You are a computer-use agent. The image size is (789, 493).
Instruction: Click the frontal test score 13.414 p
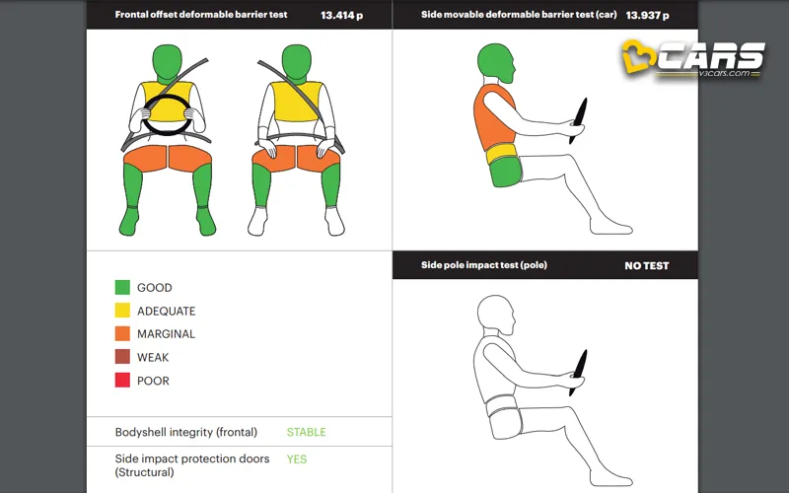pos(341,15)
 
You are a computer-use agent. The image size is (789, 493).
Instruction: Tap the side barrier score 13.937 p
pos(647,15)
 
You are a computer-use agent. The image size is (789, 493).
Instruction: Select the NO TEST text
pos(647,265)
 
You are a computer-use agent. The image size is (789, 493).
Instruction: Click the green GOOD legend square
pos(122,287)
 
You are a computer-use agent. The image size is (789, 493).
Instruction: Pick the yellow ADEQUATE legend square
pos(122,311)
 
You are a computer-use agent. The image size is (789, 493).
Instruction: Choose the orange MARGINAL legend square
pos(122,333)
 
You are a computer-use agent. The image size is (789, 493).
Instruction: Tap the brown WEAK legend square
pos(122,357)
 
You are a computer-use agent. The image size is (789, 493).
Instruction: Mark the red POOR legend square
pos(122,380)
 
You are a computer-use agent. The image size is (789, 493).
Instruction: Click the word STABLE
pos(307,432)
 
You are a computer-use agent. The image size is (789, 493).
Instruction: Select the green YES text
pos(297,459)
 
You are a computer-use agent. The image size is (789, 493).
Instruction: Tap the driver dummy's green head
pos(167,62)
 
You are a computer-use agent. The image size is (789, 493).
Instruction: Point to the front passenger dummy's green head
pos(297,62)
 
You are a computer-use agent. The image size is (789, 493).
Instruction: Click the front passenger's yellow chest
pos(297,102)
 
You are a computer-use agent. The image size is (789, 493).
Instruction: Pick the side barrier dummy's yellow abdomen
pos(502,154)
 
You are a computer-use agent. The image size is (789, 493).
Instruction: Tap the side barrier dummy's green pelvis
pos(505,172)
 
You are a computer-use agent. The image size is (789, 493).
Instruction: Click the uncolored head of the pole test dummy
pos(496,315)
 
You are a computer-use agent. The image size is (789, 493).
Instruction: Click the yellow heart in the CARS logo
pos(638,56)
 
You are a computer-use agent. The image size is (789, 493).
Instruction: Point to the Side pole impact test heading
pos(484,265)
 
